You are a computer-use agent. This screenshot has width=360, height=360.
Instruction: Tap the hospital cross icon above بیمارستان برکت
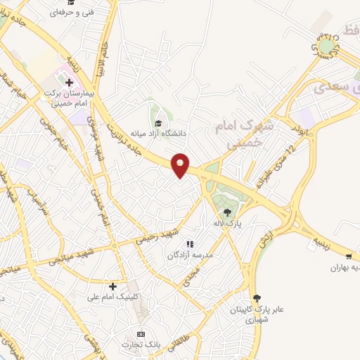[x=69, y=82]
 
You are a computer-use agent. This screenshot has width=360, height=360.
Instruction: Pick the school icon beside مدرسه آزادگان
[x=188, y=243]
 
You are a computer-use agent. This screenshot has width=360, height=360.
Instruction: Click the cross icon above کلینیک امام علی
[x=112, y=286]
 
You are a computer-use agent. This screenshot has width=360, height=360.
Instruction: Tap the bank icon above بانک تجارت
[x=141, y=333]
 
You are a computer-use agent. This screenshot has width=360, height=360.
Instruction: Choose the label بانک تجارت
[x=141, y=345]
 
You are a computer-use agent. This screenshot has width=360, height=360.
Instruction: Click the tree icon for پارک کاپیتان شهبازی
[x=257, y=297]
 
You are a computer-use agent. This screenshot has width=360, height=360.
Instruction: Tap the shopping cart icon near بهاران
[x=350, y=257]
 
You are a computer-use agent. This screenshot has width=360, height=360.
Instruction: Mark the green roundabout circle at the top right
[x=326, y=46]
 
